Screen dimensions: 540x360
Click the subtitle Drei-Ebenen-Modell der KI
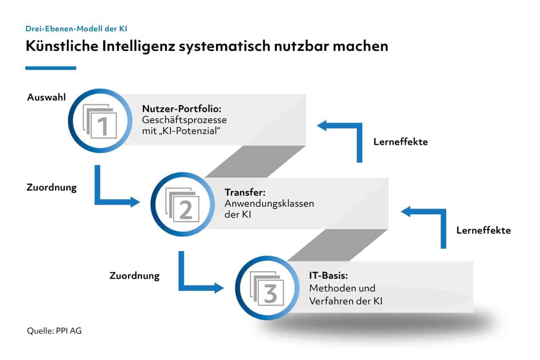76,29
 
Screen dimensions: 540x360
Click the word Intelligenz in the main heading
138,46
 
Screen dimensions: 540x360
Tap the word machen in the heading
361,46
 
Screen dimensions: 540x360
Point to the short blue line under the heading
51,68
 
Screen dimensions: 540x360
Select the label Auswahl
46,97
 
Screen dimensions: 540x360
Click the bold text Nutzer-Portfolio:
182,109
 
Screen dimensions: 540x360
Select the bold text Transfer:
245,192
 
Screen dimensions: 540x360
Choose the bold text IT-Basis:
328,276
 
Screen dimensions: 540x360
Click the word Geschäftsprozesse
184,120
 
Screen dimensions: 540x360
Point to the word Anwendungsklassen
269,204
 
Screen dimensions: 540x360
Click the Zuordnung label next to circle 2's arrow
52,188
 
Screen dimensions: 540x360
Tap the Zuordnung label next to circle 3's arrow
135,276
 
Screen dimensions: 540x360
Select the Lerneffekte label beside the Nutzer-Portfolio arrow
400,142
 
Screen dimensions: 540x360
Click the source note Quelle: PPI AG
54,331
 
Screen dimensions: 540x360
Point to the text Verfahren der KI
346,301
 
